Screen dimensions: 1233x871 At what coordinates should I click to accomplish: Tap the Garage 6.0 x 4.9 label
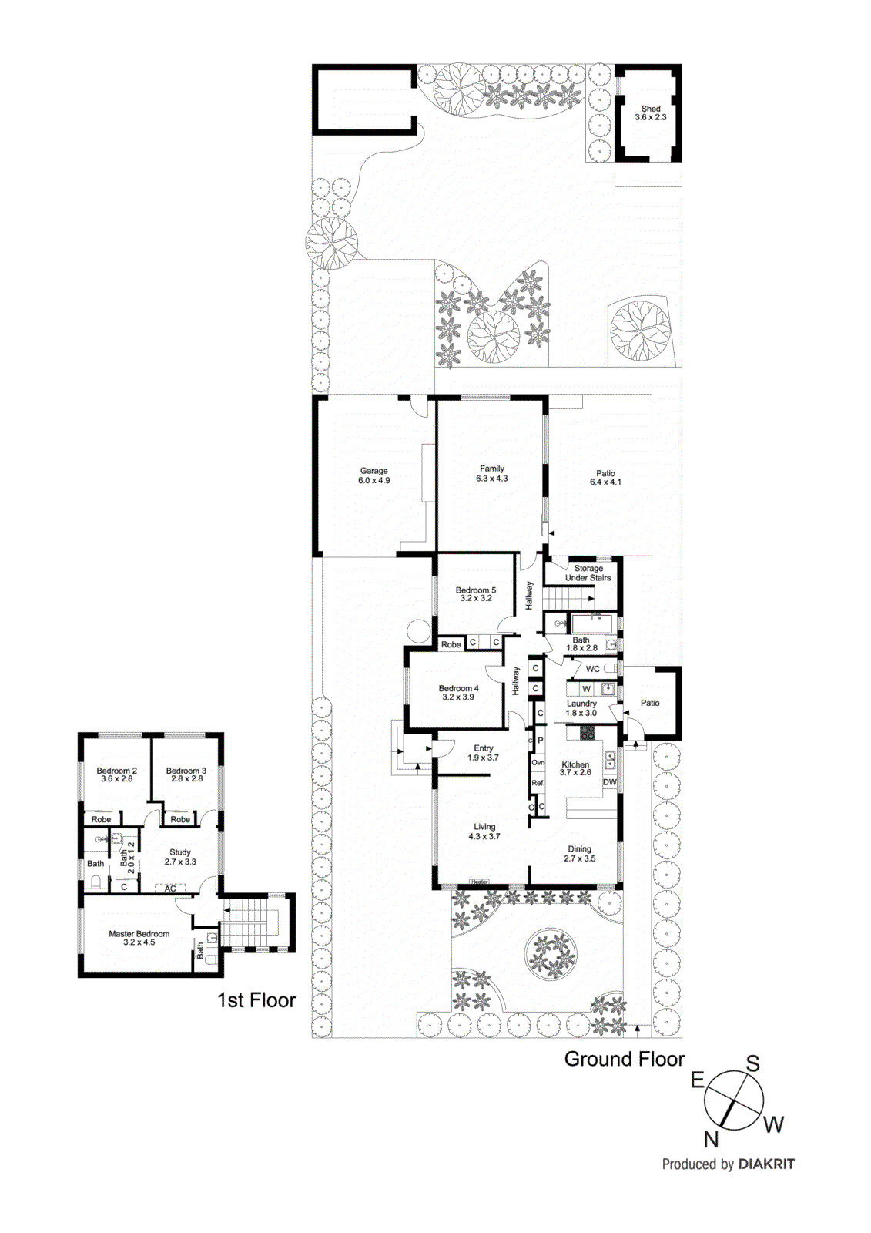pyautogui.click(x=374, y=475)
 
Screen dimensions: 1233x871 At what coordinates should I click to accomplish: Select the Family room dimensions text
pyautogui.click(x=492, y=479)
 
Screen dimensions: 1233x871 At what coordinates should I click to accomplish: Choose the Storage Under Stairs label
pyautogui.click(x=588, y=573)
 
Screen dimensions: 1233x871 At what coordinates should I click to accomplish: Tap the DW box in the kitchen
pyautogui.click(x=610, y=782)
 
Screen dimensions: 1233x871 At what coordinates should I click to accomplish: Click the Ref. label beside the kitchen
pyautogui.click(x=538, y=783)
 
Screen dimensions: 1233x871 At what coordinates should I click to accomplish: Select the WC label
pyautogui.click(x=592, y=669)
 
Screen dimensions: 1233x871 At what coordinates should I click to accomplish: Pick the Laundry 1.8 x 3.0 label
pyautogui.click(x=581, y=708)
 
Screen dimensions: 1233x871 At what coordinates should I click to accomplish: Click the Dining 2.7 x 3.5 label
pyautogui.click(x=580, y=854)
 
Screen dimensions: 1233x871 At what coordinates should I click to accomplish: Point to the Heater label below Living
pyautogui.click(x=479, y=882)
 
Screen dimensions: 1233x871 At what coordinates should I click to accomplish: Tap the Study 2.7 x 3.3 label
pyautogui.click(x=180, y=857)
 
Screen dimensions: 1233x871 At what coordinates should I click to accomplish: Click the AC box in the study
pyautogui.click(x=170, y=889)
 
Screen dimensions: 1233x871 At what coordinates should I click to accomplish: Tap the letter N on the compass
pyautogui.click(x=711, y=1139)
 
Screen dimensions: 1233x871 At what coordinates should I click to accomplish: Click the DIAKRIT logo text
pyautogui.click(x=766, y=1164)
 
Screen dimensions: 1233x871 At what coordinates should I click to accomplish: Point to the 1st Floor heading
pyautogui.click(x=256, y=1000)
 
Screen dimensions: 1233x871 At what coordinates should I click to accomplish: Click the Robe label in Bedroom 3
pyautogui.click(x=180, y=819)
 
